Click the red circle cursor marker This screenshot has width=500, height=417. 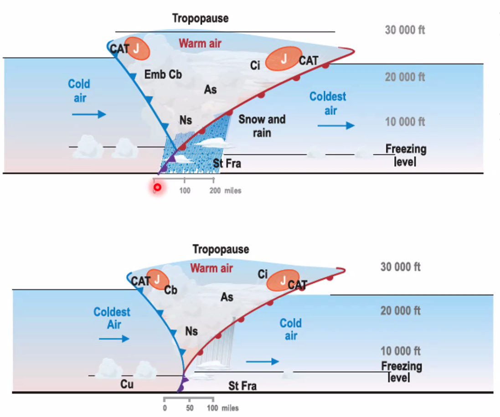click(157, 186)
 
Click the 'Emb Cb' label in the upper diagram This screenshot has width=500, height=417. click(163, 74)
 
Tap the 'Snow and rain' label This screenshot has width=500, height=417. click(262, 126)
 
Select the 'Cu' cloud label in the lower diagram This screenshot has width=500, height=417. click(127, 384)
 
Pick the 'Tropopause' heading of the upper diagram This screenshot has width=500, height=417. click(200, 19)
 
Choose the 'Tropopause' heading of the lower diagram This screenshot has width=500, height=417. click(221, 249)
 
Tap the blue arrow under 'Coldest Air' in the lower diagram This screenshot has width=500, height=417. click(114, 339)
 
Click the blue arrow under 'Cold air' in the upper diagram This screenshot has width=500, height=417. click(89, 114)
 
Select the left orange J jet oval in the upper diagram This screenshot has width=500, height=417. click(138, 48)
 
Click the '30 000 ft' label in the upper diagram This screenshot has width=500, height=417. click(405, 30)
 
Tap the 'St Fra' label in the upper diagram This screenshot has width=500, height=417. click(227, 163)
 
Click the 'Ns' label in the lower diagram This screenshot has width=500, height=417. click(191, 331)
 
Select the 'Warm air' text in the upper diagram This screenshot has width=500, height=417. click(200, 44)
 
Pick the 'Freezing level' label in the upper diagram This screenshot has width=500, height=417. click(406, 155)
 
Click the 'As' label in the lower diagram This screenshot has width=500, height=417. click(227, 297)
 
